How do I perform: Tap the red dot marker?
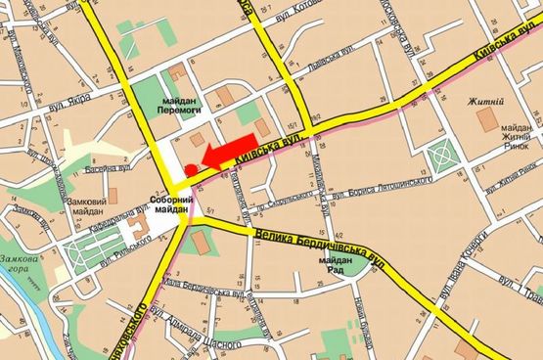(190, 169)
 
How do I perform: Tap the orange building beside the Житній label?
(485, 121)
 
